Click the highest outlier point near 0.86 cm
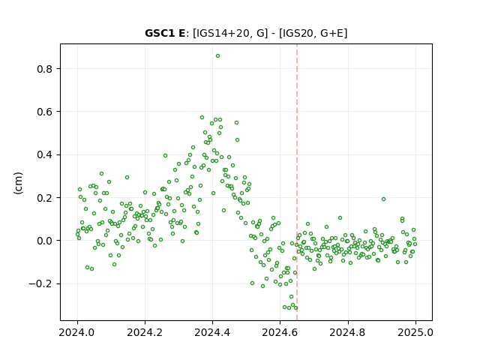[217, 56]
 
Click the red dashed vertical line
[297, 182]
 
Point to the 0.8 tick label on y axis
[45, 69]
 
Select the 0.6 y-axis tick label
[45, 112]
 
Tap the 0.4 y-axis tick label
[45, 155]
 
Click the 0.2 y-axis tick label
[45, 198]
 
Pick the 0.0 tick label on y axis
[45, 241]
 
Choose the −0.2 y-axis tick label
[40, 283]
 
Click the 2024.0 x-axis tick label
[77, 332]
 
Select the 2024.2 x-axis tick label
[145, 332]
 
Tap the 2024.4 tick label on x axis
[212, 332]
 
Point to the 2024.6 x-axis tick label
[280, 332]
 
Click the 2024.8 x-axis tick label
[348, 332]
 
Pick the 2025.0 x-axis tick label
[415, 332]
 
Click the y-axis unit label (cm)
[18, 183]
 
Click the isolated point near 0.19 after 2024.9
[383, 199]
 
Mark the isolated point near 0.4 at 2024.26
[165, 156]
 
